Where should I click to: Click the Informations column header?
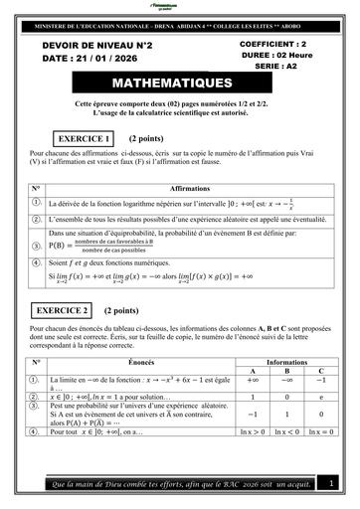pyautogui.click(x=287, y=363)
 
